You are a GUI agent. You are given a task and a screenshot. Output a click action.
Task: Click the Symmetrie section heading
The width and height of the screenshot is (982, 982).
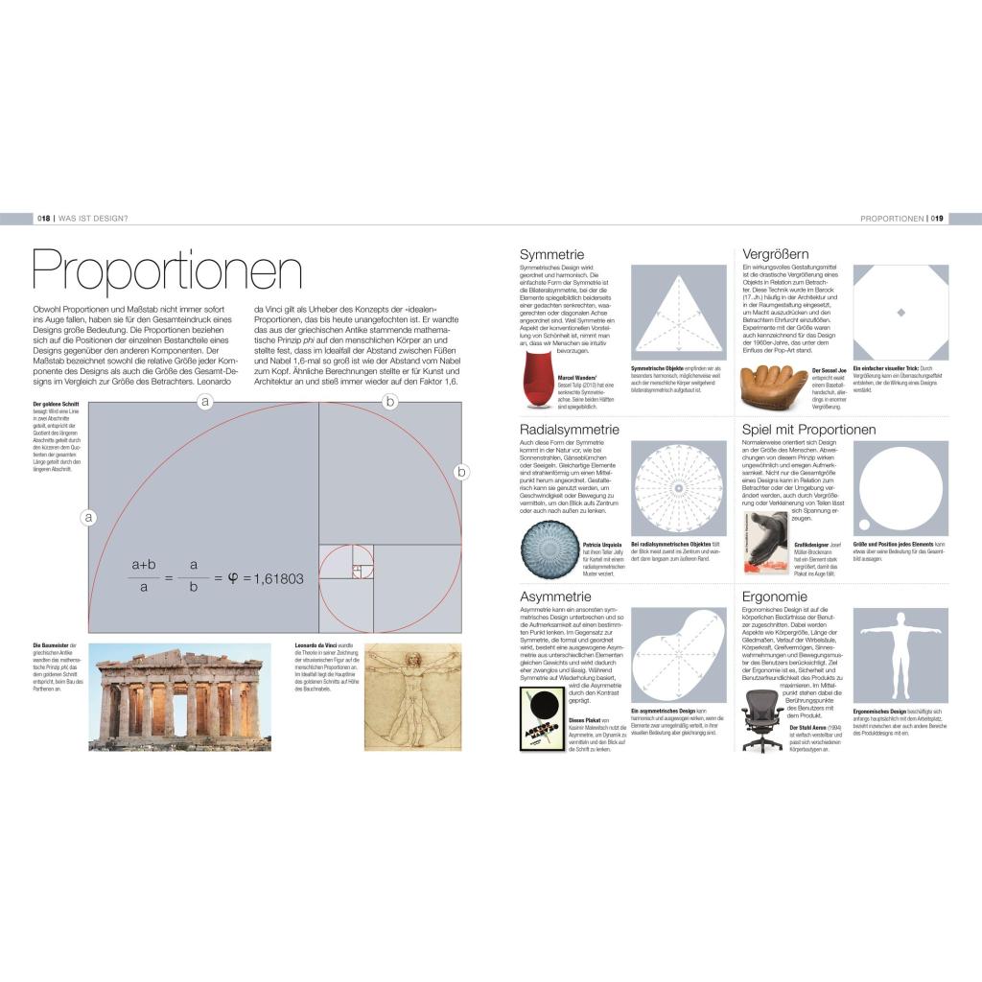[551, 254]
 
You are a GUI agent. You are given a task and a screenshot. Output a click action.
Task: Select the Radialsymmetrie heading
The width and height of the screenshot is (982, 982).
[570, 429]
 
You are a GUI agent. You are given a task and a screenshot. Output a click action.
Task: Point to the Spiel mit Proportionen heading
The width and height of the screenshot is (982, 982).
[809, 429]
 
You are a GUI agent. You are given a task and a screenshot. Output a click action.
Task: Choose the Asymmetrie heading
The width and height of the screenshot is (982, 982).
[557, 596]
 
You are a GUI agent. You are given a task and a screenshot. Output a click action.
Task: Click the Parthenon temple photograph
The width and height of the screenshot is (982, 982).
[180, 696]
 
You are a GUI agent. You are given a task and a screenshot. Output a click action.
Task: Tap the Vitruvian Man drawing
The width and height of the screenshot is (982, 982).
[412, 696]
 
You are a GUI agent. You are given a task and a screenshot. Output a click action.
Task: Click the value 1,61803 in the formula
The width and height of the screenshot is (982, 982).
[273, 578]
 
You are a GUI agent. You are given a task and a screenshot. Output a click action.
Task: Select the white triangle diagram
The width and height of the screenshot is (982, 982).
[678, 312]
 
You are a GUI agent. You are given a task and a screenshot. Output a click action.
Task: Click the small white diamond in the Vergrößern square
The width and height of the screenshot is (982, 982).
[900, 313]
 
